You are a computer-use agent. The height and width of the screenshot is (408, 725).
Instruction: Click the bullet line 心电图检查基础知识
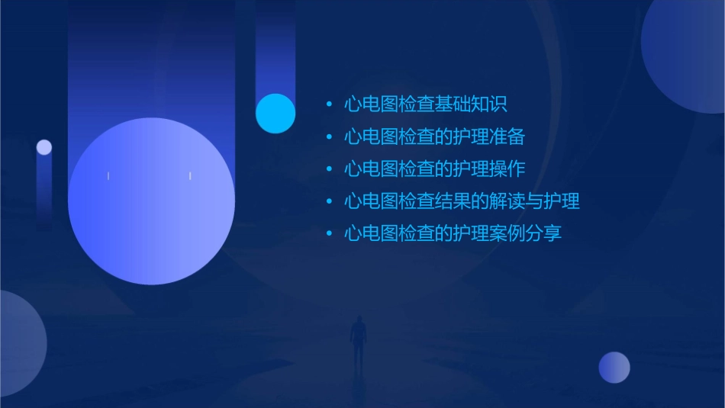point(425,104)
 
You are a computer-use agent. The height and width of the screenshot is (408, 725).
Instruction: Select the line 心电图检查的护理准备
point(434,137)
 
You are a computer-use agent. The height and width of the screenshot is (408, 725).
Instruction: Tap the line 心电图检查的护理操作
point(434,169)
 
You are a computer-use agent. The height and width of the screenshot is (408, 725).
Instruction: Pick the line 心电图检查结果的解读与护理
point(462,201)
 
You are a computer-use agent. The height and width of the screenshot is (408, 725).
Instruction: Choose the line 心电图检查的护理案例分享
point(453,233)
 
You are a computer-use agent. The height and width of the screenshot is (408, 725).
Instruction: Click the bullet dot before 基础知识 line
point(328,104)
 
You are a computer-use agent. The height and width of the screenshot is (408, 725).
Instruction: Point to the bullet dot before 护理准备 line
point(328,137)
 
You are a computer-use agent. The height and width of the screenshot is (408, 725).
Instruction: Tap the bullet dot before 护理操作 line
point(328,169)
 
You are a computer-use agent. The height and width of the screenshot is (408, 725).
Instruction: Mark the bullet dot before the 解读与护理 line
point(328,201)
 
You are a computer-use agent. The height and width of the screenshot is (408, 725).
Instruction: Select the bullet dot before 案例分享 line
point(328,233)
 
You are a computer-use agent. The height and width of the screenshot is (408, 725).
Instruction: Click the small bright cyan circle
point(275,113)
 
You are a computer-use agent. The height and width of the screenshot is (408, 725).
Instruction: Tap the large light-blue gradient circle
point(151,201)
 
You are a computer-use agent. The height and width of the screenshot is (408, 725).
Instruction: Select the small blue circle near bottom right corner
point(614,367)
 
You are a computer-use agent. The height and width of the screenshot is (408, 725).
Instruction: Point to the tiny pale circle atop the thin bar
point(44,147)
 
